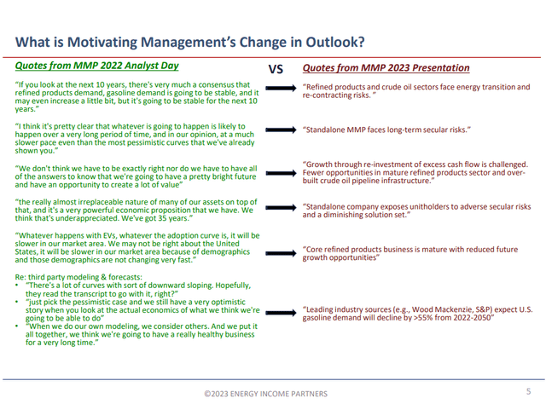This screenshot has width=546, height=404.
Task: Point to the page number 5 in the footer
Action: tap(526, 391)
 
